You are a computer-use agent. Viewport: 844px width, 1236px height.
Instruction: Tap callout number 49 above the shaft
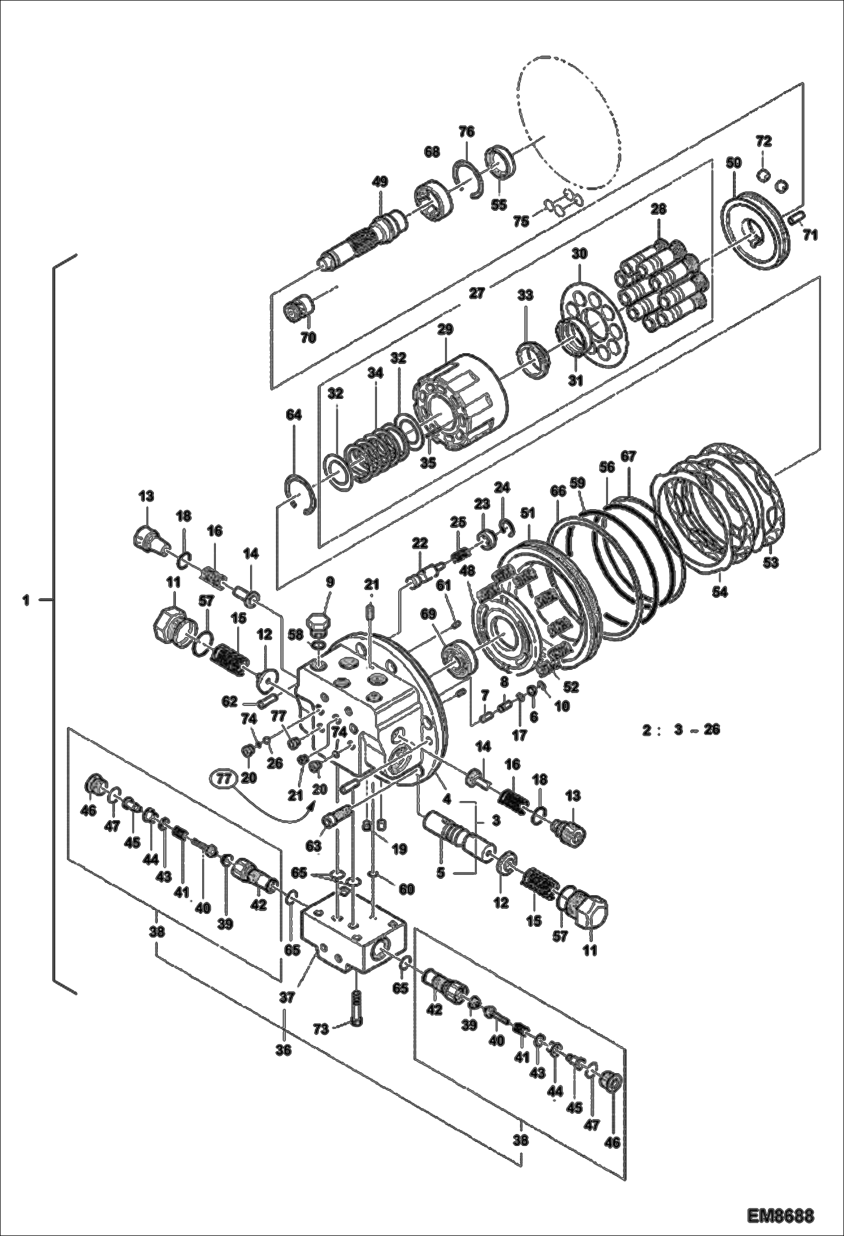tap(380, 182)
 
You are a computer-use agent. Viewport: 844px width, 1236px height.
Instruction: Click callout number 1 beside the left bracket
tap(26, 601)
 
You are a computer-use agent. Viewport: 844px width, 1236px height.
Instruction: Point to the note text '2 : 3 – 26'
tap(681, 730)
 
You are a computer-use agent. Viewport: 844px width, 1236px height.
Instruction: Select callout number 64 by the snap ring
tap(294, 415)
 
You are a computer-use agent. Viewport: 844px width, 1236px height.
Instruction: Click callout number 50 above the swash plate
tap(733, 163)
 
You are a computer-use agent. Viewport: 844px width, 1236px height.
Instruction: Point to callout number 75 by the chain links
tap(521, 221)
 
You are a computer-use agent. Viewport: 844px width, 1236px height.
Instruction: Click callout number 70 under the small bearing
tap(308, 337)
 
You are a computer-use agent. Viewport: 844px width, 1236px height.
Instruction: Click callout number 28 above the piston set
tap(658, 209)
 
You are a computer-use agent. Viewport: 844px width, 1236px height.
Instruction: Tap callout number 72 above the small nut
tap(763, 140)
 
